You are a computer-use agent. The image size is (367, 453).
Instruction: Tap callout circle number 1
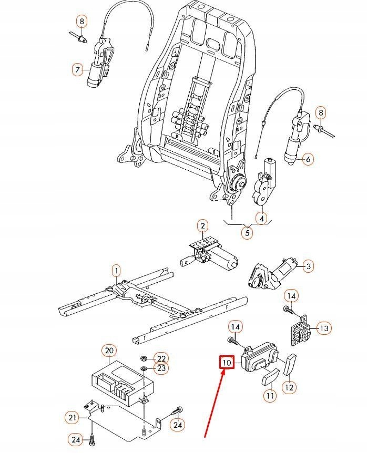tap(116, 271)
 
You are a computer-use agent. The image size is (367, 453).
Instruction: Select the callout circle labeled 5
tap(247, 233)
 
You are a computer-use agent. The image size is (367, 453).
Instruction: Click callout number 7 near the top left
tap(77, 69)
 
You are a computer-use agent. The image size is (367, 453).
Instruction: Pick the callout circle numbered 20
tap(109, 351)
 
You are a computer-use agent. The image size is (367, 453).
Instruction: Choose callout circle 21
tap(72, 417)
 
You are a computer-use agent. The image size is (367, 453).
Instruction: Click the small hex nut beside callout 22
tap(143, 358)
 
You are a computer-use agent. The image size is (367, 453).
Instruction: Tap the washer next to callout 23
tap(144, 368)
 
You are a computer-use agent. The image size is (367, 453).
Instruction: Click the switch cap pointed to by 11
tap(270, 377)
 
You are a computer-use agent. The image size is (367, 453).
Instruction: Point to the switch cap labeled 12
tap(290, 364)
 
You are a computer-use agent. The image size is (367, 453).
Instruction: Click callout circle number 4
tap(262, 219)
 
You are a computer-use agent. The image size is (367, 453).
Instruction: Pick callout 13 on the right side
tap(324, 328)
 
